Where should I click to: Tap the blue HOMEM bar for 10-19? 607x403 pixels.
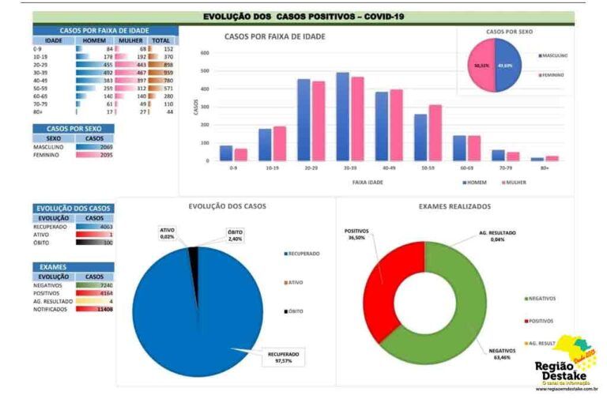coord(265,145)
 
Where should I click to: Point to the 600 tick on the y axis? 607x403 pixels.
coord(204,53)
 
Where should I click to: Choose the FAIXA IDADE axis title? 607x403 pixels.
coord(368,182)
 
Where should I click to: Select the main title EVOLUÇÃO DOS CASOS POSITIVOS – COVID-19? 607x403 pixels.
coord(303,16)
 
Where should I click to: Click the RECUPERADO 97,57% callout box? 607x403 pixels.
coord(284,357)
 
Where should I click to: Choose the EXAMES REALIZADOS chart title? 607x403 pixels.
coord(454,206)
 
